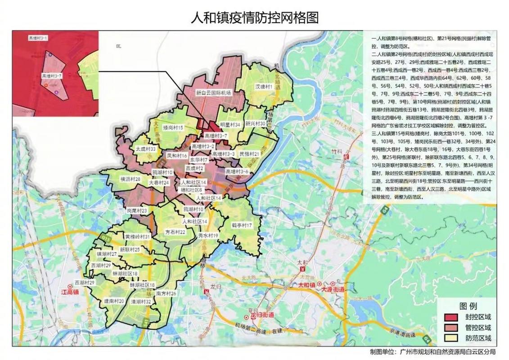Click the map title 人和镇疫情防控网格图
(x=255, y=18)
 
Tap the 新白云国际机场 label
(x=213, y=93)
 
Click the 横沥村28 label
(x=131, y=179)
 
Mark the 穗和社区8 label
(x=191, y=190)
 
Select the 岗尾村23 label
(x=137, y=210)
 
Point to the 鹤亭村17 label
(x=242, y=225)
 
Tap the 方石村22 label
(x=176, y=232)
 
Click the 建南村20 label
(x=114, y=301)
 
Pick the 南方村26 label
(x=166, y=293)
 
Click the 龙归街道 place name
(x=261, y=315)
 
